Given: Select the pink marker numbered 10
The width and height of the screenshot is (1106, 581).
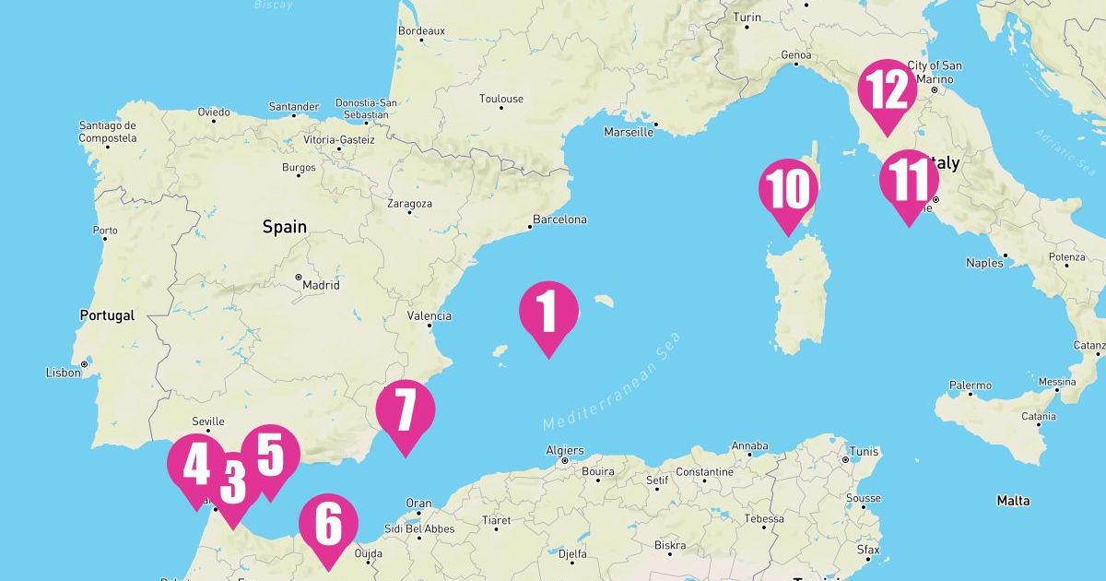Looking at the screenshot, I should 788,189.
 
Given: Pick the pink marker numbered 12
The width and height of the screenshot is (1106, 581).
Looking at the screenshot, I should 887,90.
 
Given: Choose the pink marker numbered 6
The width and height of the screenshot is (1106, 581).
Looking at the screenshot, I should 328,525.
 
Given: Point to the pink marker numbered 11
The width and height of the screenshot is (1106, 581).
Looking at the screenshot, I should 908,181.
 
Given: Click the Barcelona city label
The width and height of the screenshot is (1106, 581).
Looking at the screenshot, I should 559,219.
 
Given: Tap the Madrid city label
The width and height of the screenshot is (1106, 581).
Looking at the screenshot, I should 321,285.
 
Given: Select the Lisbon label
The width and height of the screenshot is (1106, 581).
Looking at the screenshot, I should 64,373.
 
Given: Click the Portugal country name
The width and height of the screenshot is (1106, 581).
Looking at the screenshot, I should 107,315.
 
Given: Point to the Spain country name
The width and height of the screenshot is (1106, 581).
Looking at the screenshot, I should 284,227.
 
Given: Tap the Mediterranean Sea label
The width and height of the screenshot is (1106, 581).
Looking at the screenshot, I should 611,381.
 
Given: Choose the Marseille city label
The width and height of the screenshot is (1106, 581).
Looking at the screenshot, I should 629,132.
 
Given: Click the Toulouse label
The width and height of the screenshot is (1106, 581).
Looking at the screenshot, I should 501,99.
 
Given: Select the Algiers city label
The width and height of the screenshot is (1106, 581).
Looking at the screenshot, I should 565,451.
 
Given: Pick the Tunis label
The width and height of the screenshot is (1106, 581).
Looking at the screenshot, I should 865,452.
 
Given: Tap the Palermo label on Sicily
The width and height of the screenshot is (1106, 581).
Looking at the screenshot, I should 971,385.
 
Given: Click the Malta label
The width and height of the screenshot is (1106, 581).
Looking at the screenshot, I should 1013,501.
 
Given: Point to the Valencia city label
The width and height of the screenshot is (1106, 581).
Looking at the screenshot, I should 430,316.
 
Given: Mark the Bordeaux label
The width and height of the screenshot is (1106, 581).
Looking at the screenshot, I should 421,30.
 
